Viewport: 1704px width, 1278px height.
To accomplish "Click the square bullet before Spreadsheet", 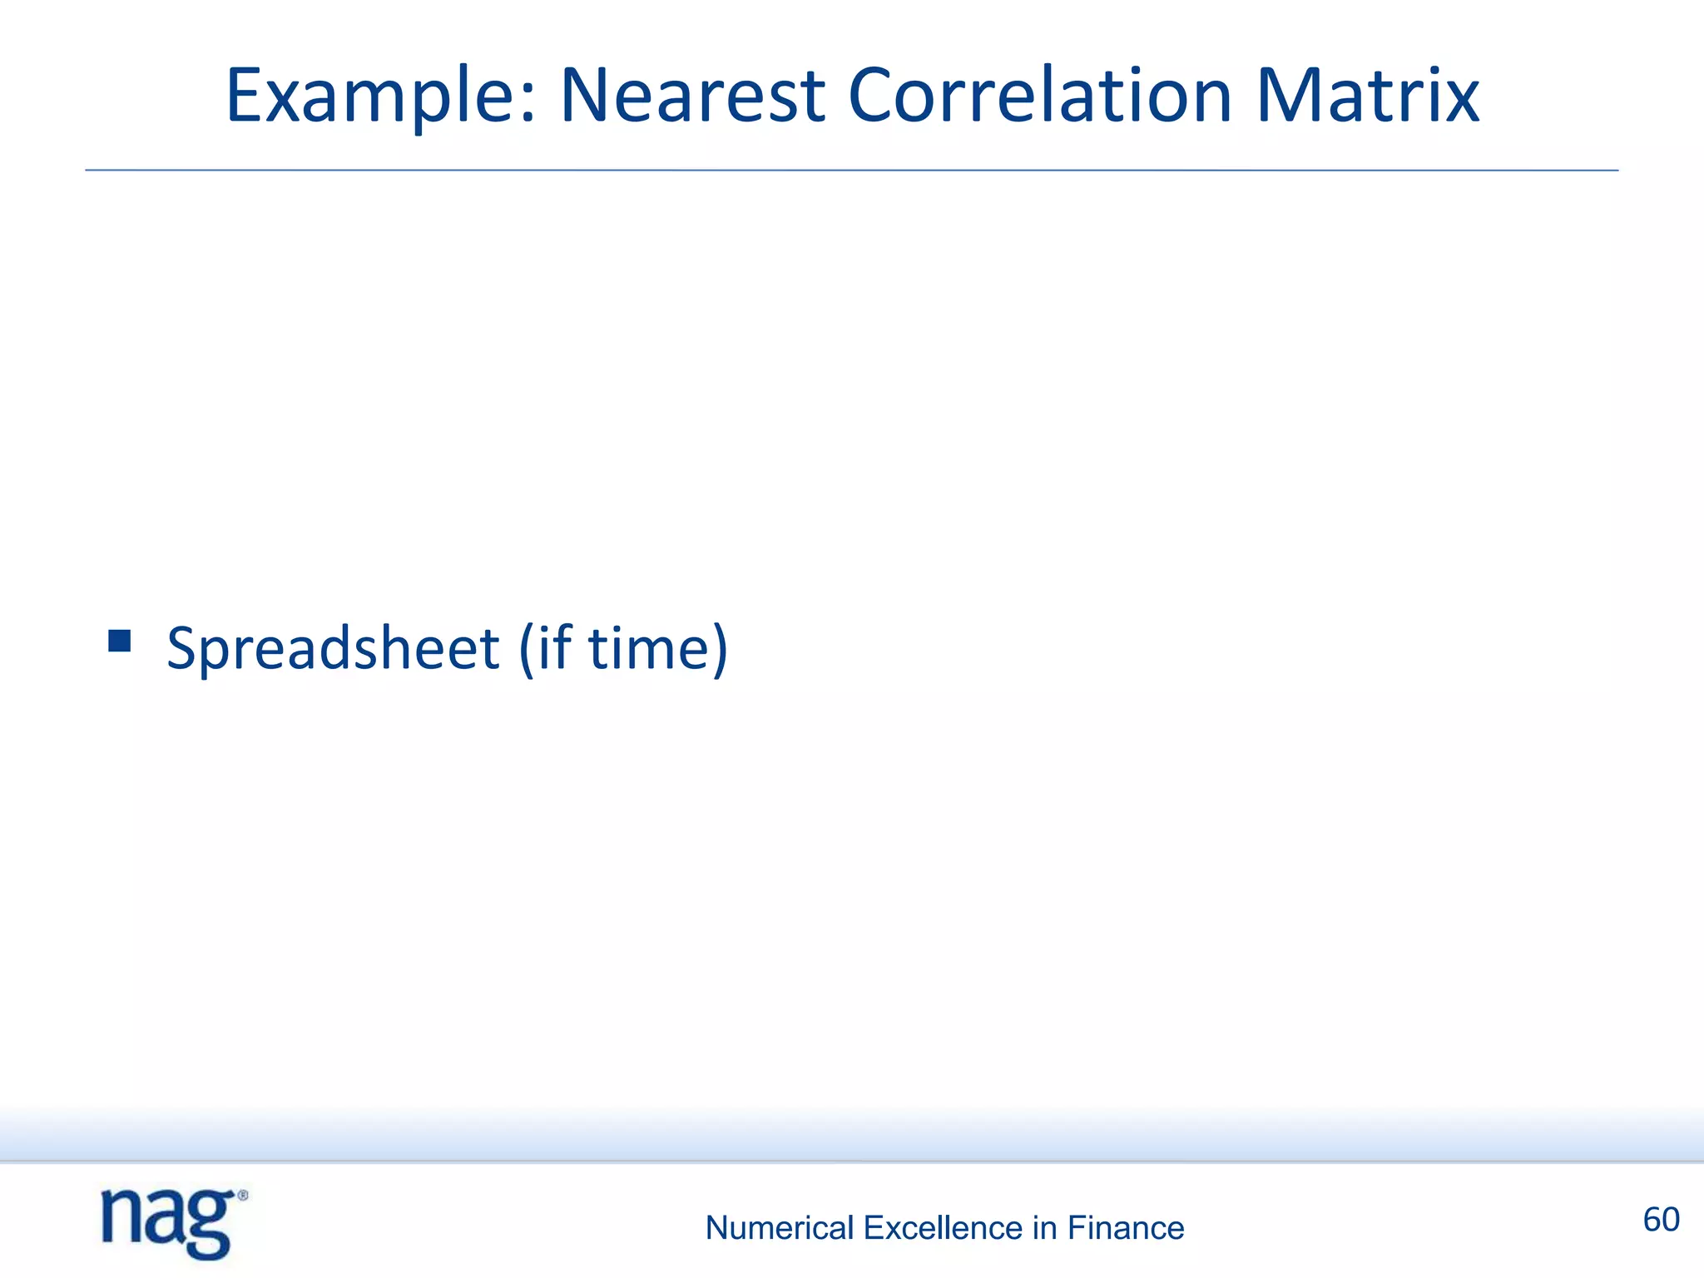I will pyautogui.click(x=120, y=641).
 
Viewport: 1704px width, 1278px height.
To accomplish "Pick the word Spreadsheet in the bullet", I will pyautogui.click(x=333, y=649).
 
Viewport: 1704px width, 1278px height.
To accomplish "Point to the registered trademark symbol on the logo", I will pyautogui.click(x=243, y=1196).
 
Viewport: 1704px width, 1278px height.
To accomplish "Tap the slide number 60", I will pyautogui.click(x=1661, y=1220).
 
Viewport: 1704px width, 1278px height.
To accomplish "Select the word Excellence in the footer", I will pyautogui.click(x=943, y=1228).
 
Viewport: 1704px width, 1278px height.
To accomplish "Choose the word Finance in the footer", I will pyautogui.click(x=1125, y=1228).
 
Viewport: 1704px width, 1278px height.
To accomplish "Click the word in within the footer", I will pyautogui.click(x=1044, y=1228).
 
